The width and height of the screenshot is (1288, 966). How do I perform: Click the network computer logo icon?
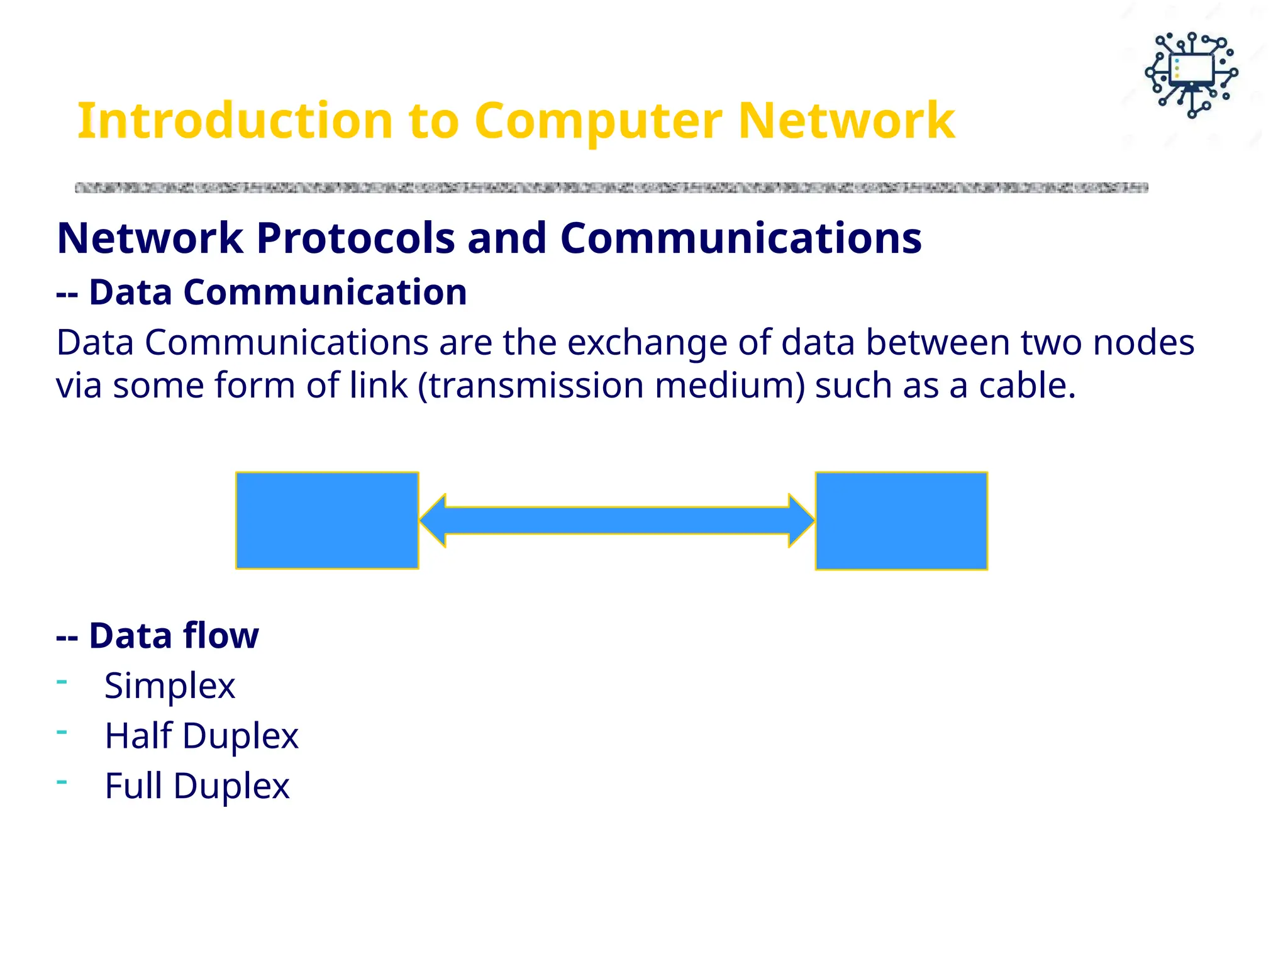click(x=1191, y=75)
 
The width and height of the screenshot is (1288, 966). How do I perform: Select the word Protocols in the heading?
click(x=355, y=238)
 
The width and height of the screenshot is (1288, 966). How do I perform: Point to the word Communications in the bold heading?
click(x=741, y=238)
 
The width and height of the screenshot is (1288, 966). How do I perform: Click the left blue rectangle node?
click(x=327, y=521)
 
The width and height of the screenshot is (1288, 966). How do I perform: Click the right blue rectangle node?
click(x=901, y=521)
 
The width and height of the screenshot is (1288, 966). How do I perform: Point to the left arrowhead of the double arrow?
click(x=434, y=521)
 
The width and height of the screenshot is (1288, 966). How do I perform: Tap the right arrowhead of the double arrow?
click(x=801, y=521)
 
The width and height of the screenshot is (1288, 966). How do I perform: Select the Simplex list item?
click(x=169, y=686)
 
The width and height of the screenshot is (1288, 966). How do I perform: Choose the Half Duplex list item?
click(x=201, y=736)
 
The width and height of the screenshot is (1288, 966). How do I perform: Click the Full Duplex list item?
click(x=197, y=786)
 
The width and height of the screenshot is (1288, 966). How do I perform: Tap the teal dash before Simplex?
click(x=62, y=681)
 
